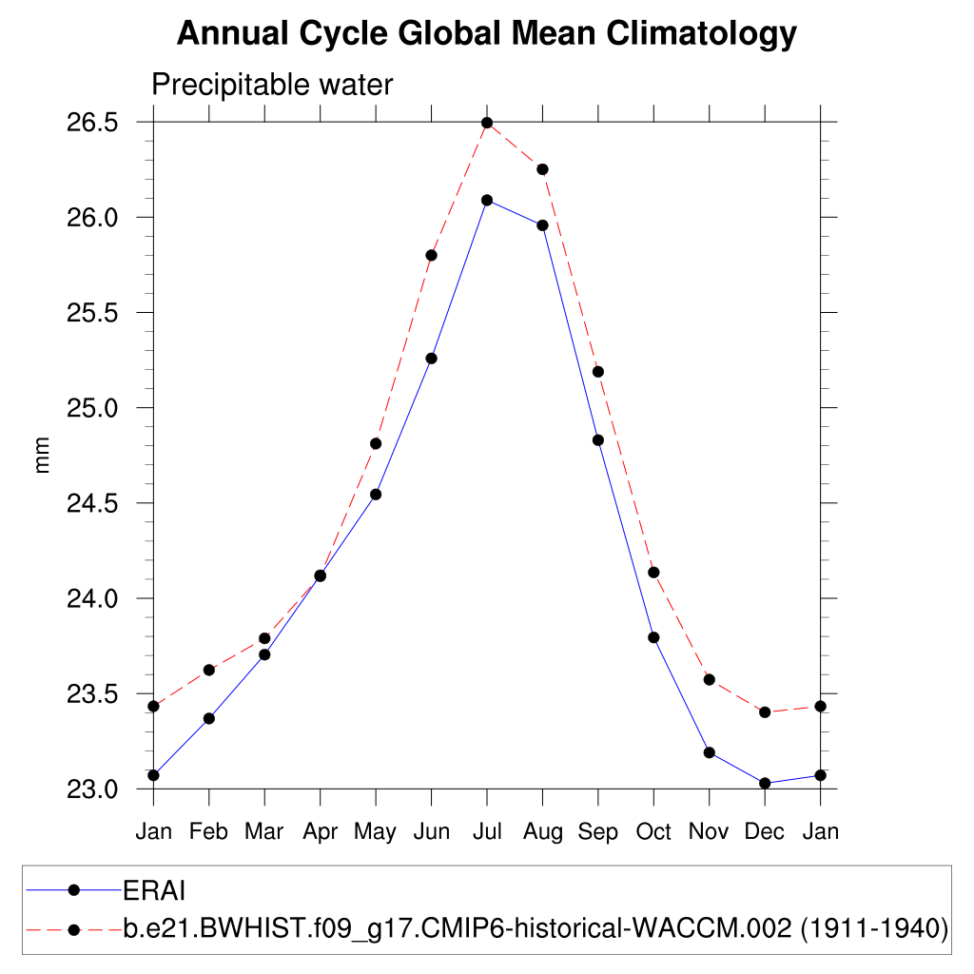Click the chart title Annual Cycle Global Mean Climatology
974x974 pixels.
486,34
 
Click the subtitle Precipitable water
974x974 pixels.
272,85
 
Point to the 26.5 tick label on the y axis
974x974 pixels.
92,123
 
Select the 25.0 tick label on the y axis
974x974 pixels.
92,408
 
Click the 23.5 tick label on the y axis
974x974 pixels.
92,693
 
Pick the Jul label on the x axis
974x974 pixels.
487,832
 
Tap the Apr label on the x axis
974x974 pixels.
321,832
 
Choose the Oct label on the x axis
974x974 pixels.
653,832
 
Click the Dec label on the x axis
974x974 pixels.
765,832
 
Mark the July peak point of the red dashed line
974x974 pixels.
487,123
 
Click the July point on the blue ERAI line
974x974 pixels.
487,200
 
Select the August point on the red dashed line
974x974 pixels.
542,169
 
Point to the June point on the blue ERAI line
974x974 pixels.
431,359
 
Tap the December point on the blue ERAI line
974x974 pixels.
765,783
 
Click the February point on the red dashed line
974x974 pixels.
209,671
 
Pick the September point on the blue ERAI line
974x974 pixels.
598,439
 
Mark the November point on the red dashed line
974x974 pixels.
709,679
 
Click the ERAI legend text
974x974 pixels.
153,890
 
